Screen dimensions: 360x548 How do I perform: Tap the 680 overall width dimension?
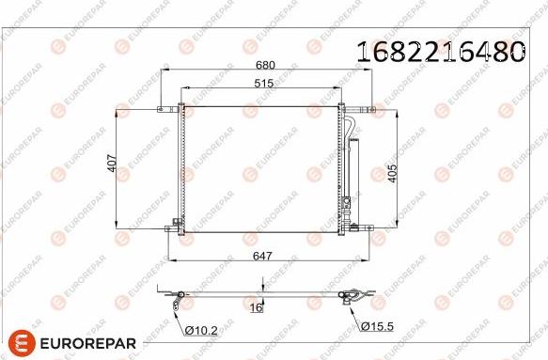pyautogui.click(x=265, y=66)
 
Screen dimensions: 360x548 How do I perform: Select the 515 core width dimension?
pyautogui.click(x=264, y=86)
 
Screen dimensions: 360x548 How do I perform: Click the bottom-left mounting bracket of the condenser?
pyautogui.click(x=176, y=226)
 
